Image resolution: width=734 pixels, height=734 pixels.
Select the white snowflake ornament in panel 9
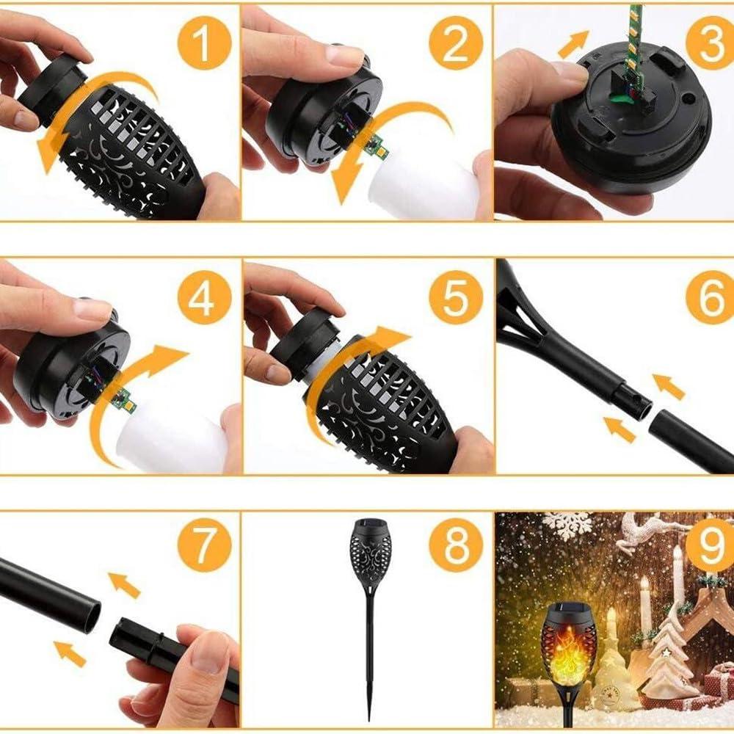coord(567,524)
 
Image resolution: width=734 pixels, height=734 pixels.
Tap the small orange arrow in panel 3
coord(573,43)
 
